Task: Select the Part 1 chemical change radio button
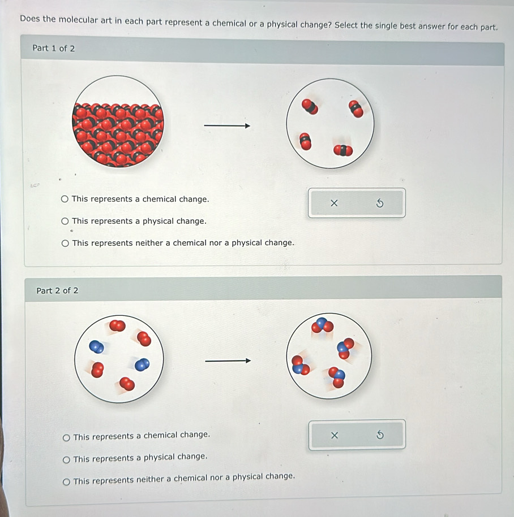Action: [65, 199]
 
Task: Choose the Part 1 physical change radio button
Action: [65, 221]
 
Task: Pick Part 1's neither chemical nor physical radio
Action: [66, 244]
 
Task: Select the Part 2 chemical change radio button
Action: [66, 437]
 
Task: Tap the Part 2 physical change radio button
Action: [66, 459]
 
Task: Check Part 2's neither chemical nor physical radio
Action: [66, 482]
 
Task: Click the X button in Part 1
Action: [334, 203]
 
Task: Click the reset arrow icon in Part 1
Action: [380, 203]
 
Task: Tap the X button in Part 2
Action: [335, 435]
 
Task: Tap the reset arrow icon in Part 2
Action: [380, 435]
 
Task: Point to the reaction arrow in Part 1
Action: [227, 125]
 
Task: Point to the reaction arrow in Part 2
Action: [228, 360]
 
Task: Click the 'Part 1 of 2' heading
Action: [54, 49]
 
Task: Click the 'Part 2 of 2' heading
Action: [58, 290]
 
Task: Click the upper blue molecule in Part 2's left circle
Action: [96, 347]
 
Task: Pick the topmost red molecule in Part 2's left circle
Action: [117, 326]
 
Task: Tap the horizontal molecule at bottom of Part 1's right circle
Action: [343, 150]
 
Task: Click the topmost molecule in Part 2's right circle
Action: [322, 325]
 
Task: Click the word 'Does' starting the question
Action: [30, 19]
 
